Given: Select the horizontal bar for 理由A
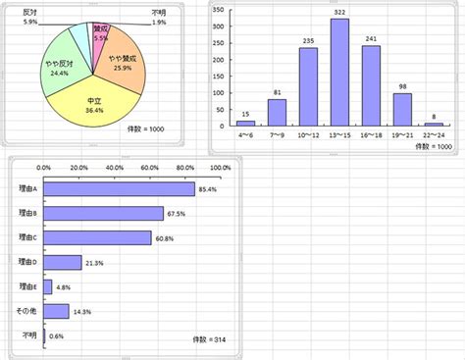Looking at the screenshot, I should [x=119, y=189].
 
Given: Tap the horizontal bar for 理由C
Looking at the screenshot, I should [x=97, y=237].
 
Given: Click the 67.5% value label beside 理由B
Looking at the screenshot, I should [x=178, y=214].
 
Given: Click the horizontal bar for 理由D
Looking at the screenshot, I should [x=63, y=262].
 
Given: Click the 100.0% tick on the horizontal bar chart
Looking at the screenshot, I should [x=220, y=168].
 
